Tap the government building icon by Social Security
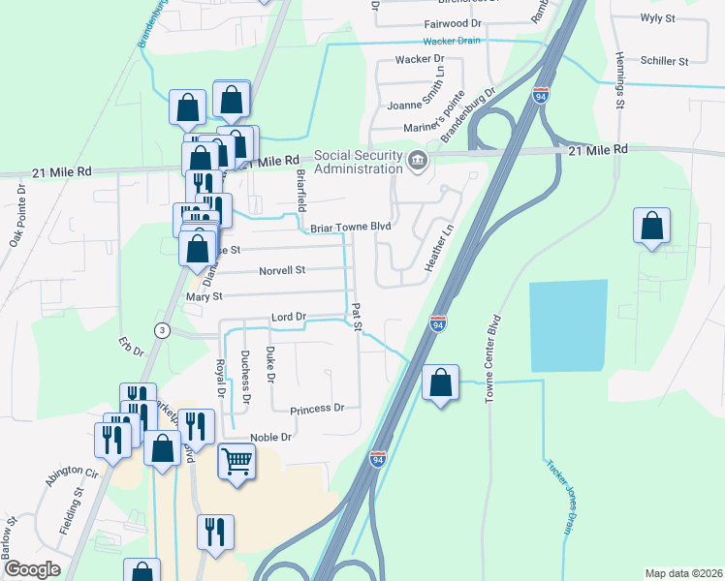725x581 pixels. [418, 160]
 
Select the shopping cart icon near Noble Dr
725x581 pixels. [236, 461]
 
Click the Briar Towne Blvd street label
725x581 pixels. [350, 227]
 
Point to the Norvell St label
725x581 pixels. [282, 271]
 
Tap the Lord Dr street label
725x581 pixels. [288, 317]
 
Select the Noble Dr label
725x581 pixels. [270, 438]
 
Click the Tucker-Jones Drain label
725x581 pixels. [558, 496]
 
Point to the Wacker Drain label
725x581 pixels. [452, 42]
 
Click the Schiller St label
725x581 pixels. [664, 61]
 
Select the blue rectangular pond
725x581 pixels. [567, 325]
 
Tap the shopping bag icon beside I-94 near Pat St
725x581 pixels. [440, 383]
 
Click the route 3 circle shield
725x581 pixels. [163, 331]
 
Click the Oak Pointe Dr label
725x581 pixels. [20, 214]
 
